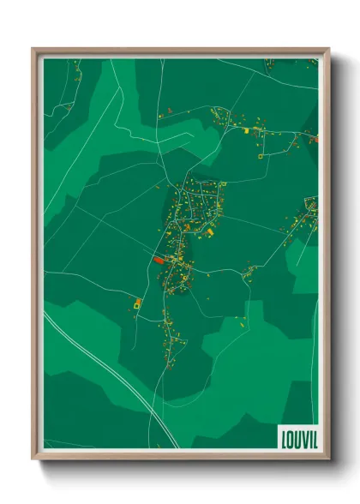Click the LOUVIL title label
tap(297, 437)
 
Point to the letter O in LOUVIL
tap(290, 437)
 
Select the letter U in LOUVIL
tap(296, 437)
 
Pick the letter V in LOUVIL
tap(302, 437)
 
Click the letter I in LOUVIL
tap(307, 437)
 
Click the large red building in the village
tap(159, 259)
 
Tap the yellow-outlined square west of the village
tap(137, 303)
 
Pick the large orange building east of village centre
tap(210, 231)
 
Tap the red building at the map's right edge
tap(315, 137)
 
